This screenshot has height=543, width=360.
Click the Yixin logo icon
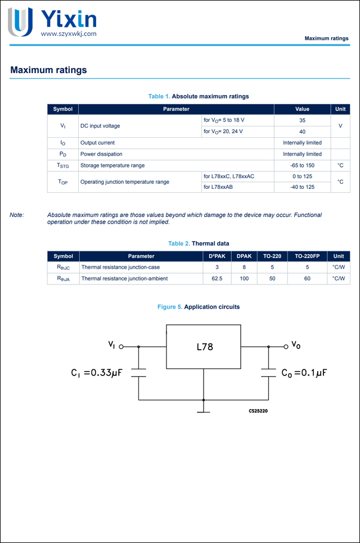pos(20,21)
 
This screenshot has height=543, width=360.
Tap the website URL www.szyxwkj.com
pos(69,34)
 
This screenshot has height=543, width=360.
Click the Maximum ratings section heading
pos(48,70)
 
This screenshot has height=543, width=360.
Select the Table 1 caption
pos(198,96)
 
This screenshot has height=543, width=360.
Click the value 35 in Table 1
pos(302,120)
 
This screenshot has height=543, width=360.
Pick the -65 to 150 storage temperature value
pos(302,165)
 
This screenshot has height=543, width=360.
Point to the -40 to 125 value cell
pos(302,187)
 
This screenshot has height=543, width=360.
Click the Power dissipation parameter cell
pos(101,154)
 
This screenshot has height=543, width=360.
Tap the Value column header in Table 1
pos(302,109)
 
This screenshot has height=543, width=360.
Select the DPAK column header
pos(244,256)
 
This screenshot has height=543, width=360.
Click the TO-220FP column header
pos(307,256)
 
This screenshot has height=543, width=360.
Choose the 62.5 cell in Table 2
pos(217,278)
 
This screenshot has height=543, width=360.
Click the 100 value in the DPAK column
pos(244,278)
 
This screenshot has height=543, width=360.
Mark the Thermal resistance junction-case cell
pos(120,268)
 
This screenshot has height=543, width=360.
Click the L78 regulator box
pos(204,347)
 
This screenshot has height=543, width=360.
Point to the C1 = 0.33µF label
pos(96,373)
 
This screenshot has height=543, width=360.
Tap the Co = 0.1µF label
pos(304,373)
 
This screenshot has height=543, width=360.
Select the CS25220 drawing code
pos(258,411)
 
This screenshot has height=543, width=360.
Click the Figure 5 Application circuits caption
pos(198,307)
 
